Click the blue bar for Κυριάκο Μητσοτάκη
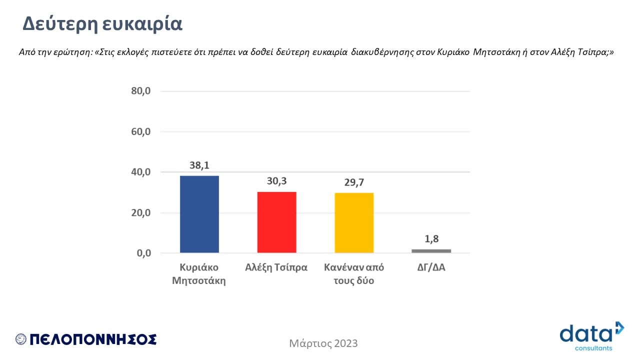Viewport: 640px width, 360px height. tap(199, 214)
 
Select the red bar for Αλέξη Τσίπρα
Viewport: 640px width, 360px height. tap(276, 222)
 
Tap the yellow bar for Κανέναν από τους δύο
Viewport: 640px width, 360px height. tap(354, 222)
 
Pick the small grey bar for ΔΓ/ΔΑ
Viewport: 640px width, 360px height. tap(431, 250)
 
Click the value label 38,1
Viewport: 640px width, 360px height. tap(199, 165)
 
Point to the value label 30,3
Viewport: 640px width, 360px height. tap(276, 181)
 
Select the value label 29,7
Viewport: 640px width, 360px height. tap(354, 182)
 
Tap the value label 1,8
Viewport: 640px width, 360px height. tap(431, 239)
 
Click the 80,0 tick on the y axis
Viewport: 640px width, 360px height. tap(140, 91)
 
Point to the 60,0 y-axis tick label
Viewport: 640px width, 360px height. tap(140, 132)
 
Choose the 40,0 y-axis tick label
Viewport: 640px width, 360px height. tap(140, 172)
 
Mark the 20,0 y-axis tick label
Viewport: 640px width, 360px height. tap(140, 212)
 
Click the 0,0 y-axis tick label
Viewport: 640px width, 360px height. tap(143, 253)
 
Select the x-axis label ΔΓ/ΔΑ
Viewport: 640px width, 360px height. tap(431, 267)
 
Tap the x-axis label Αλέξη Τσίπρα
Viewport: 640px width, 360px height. tap(276, 267)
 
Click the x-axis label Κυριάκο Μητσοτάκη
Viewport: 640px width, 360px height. tap(199, 273)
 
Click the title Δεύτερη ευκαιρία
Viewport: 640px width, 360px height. tap(103, 24)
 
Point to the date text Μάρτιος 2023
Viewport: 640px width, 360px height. tap(323, 343)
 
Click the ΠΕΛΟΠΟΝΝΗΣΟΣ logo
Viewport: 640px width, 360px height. tap(86, 339)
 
